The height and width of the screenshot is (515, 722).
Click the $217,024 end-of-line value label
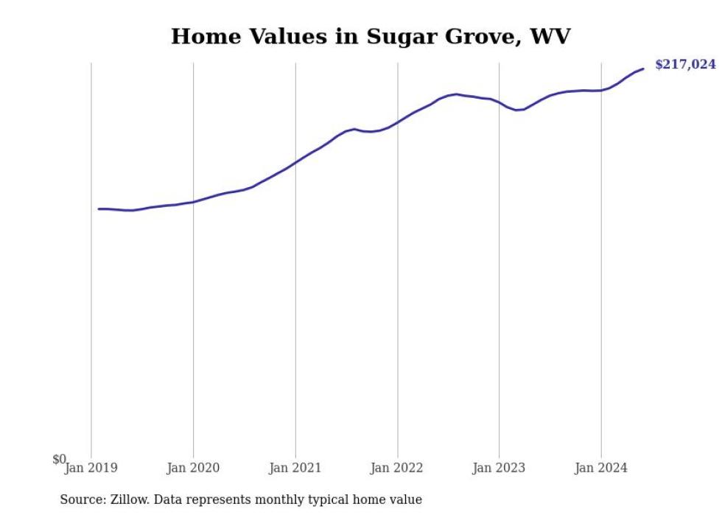click(x=685, y=65)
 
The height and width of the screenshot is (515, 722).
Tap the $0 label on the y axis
click(x=59, y=459)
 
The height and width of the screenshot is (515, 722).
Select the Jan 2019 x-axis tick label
click(x=91, y=468)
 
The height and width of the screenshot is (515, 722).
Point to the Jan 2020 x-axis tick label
click(x=193, y=468)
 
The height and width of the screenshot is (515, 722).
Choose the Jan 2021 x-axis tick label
click(x=295, y=468)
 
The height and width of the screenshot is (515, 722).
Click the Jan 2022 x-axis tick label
click(x=397, y=468)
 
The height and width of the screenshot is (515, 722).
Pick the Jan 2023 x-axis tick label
click(x=499, y=468)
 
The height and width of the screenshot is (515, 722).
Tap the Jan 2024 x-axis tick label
click(x=601, y=468)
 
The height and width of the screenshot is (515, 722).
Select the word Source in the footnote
click(x=81, y=500)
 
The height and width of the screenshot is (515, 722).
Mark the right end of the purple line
click(x=643, y=69)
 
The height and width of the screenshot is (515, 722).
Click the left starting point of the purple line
click(x=99, y=209)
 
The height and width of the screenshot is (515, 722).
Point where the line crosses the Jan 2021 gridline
click(x=295, y=162)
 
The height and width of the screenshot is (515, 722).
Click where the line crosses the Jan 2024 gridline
click(x=601, y=91)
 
